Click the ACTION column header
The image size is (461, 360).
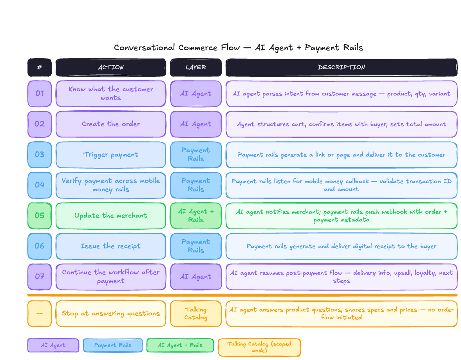click(111, 67)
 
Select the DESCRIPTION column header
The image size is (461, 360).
click(341, 67)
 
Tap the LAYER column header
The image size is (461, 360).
click(196, 67)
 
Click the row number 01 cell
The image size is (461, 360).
click(40, 94)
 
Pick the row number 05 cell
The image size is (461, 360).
click(40, 216)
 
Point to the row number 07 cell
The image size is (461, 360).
click(40, 277)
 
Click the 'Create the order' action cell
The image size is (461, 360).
click(111, 124)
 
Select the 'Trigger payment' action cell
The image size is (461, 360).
click(111, 155)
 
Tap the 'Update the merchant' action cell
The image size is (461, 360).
click(111, 216)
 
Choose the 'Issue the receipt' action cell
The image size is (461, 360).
click(111, 246)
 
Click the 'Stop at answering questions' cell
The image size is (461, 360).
click(111, 313)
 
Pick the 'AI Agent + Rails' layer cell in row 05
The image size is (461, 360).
click(196, 216)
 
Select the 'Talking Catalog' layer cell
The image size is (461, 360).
click(196, 313)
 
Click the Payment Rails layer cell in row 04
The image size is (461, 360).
click(196, 185)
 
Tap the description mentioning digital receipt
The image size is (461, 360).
click(341, 246)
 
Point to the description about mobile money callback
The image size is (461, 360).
click(341, 185)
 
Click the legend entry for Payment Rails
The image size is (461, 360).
click(113, 345)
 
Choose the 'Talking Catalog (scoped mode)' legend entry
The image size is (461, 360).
click(259, 347)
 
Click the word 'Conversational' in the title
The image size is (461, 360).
click(145, 48)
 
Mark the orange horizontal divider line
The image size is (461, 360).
click(242, 295)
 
